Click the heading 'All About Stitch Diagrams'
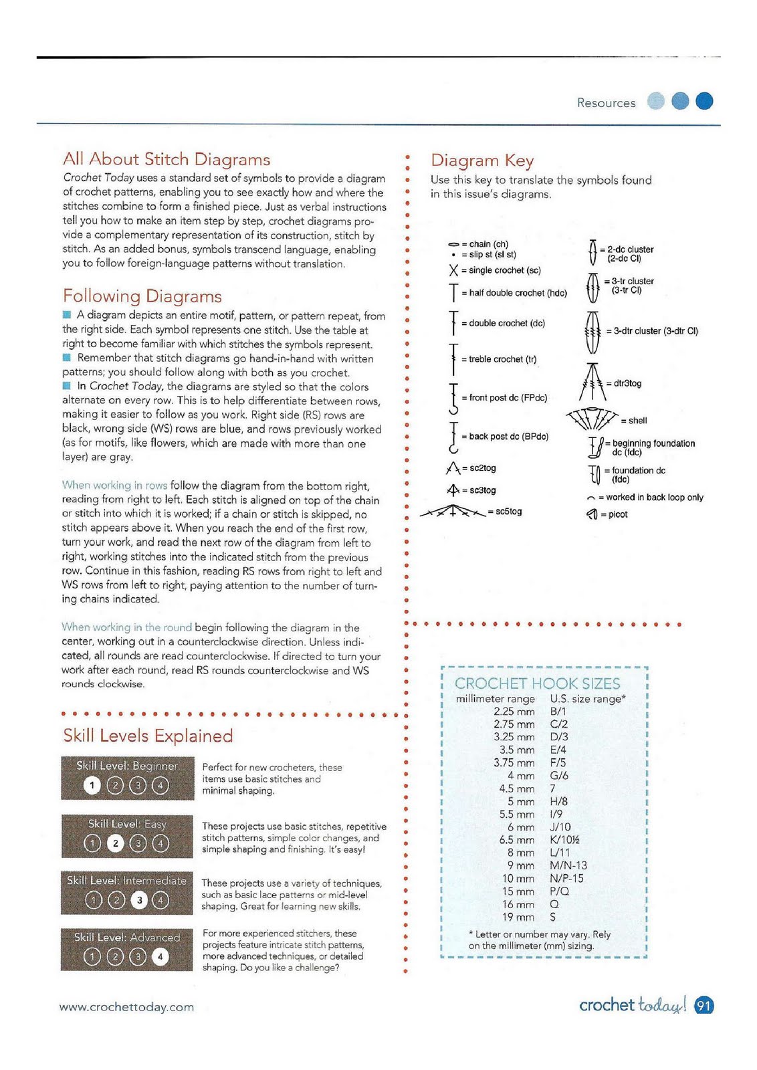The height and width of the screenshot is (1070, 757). tap(167, 159)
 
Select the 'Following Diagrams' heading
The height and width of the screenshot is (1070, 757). tap(142, 296)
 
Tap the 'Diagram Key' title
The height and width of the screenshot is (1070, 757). tap(481, 160)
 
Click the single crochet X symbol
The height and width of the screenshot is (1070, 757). tap(453, 271)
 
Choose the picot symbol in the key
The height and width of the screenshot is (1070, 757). tap(591, 514)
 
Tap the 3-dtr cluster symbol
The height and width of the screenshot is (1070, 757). tap(592, 331)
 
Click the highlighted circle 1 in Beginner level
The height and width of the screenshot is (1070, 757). tap(92, 785)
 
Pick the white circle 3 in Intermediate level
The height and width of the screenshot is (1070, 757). tap(139, 900)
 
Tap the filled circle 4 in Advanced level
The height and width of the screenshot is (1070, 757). tap(160, 957)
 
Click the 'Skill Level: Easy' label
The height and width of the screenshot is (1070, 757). tap(127, 824)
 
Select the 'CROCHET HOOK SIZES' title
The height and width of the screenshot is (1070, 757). tap(537, 683)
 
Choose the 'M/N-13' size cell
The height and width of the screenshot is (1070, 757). tap(568, 865)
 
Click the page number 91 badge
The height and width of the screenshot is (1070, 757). tap(704, 1005)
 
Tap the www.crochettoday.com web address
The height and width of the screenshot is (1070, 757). tap(126, 1007)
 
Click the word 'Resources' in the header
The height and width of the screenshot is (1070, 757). tap(606, 103)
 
